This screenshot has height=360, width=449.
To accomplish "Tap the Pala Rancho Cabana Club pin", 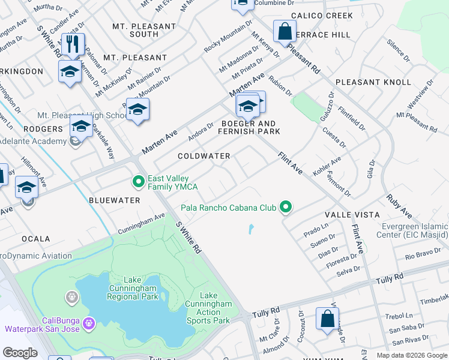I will click(286, 208).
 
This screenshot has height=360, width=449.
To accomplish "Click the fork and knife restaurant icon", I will click(73, 44).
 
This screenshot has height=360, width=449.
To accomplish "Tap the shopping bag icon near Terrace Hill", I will click(285, 31).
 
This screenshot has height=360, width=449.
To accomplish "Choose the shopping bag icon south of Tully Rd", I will click(327, 318).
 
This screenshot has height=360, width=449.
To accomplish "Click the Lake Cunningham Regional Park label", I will click(133, 288).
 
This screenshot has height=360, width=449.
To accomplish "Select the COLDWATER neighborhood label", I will click(204, 156).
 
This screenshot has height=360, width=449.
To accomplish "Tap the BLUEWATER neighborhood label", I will click(115, 200).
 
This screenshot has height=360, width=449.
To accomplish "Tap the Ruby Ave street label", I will click(399, 205).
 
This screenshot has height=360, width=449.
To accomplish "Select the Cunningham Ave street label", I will click(141, 223).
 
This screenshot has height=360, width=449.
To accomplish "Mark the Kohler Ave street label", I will click(327, 166).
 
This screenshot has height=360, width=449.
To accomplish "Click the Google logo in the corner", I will click(20, 353).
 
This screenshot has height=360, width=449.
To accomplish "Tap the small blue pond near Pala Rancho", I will click(250, 229).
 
